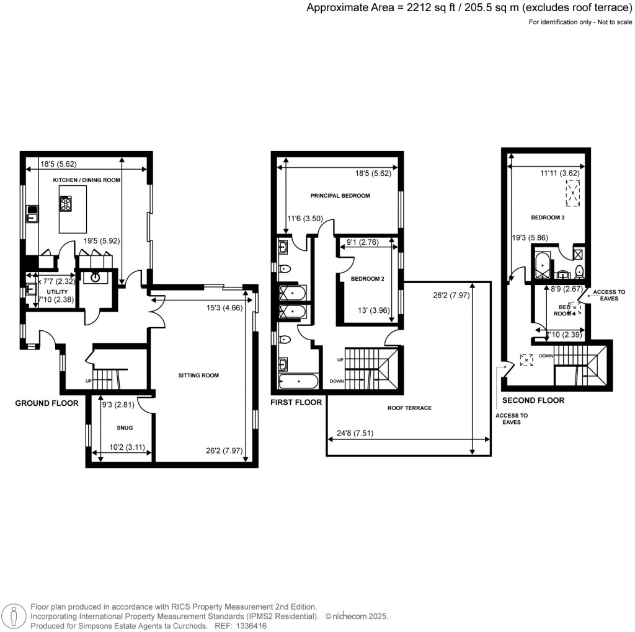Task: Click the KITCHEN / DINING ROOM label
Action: (x=86, y=180)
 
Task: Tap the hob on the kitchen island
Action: (x=66, y=203)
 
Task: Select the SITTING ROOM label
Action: (x=198, y=375)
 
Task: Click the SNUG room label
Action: (x=125, y=428)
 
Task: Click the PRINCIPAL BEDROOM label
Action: (x=340, y=196)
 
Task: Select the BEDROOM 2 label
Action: (x=368, y=279)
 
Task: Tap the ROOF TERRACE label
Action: (x=409, y=408)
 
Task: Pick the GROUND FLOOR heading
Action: (x=47, y=403)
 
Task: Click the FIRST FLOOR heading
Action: (x=296, y=403)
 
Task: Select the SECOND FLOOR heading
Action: (x=533, y=400)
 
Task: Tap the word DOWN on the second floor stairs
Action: (x=546, y=356)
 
